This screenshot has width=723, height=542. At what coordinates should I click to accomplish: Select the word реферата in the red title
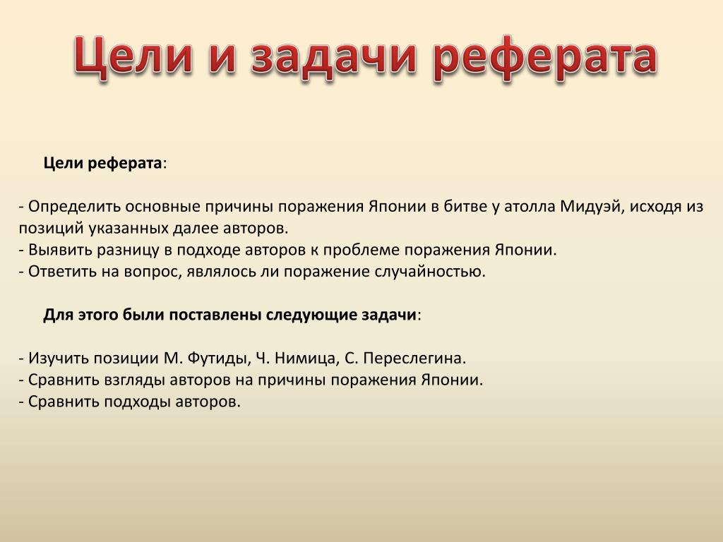click(545, 58)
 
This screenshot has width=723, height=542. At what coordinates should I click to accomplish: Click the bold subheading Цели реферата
click(102, 163)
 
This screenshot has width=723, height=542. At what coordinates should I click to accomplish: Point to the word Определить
click(74, 207)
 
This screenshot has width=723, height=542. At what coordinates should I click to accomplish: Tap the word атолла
click(530, 207)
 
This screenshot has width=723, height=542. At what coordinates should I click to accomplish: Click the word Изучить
click(59, 358)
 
